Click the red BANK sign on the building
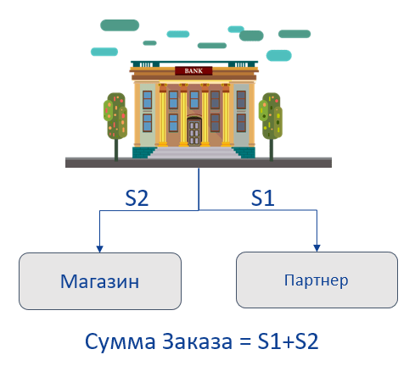193,70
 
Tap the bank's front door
194,132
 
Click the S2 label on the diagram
137,198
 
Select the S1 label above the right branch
263,198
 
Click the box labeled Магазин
100,281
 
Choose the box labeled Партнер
317,280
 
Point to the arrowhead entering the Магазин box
99,249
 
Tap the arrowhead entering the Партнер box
317,248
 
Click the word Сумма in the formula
121,341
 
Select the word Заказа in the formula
197,341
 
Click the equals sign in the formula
245,341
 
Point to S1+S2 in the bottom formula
288,341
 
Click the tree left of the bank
115,126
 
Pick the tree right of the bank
271,126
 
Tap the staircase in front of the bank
194,152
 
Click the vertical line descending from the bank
199,189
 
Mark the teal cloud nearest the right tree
279,56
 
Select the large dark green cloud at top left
120,25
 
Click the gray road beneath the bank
199,163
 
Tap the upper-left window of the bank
147,100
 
